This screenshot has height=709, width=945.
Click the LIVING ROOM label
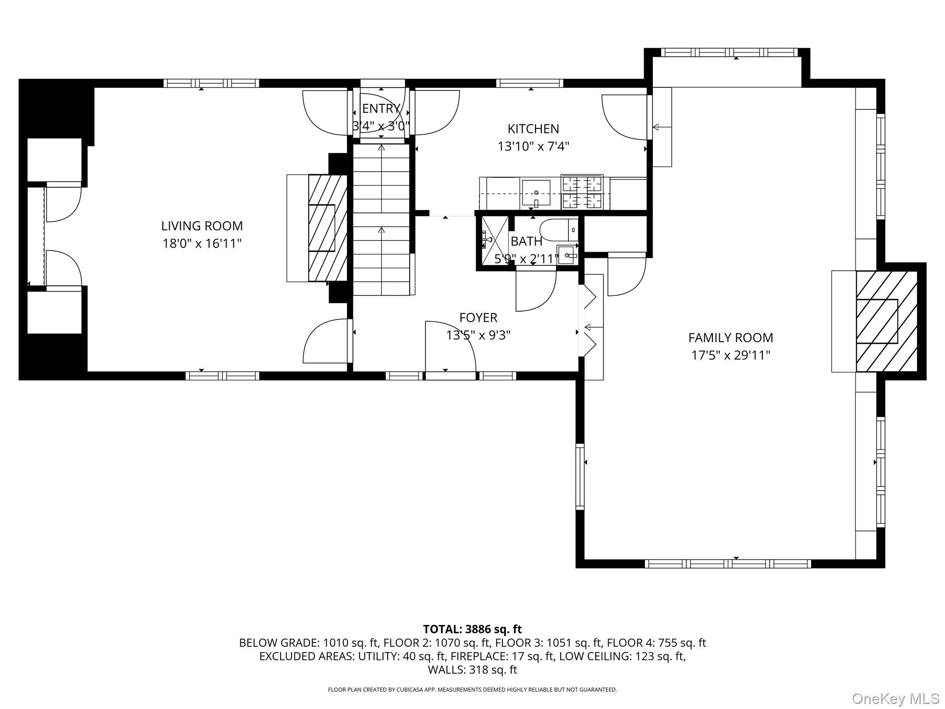coord(202,226)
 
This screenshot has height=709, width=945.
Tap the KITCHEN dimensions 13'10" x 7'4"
coord(533,147)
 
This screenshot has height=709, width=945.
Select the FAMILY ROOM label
coord(730,338)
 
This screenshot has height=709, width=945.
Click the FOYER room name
coord(478,318)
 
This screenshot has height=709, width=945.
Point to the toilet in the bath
coord(558,230)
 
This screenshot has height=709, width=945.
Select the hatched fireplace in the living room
coord(327,228)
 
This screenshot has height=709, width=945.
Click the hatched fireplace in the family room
coord(886,321)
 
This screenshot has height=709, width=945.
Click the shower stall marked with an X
coord(495,240)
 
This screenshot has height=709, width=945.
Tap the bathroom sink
coord(567,255)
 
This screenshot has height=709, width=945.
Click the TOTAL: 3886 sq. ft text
coord(472,629)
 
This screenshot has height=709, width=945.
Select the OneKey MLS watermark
coord(895,698)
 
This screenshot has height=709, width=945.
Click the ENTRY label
coord(381,108)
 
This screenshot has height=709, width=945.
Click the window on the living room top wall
coord(211,84)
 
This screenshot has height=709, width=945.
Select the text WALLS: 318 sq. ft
coord(472,670)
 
